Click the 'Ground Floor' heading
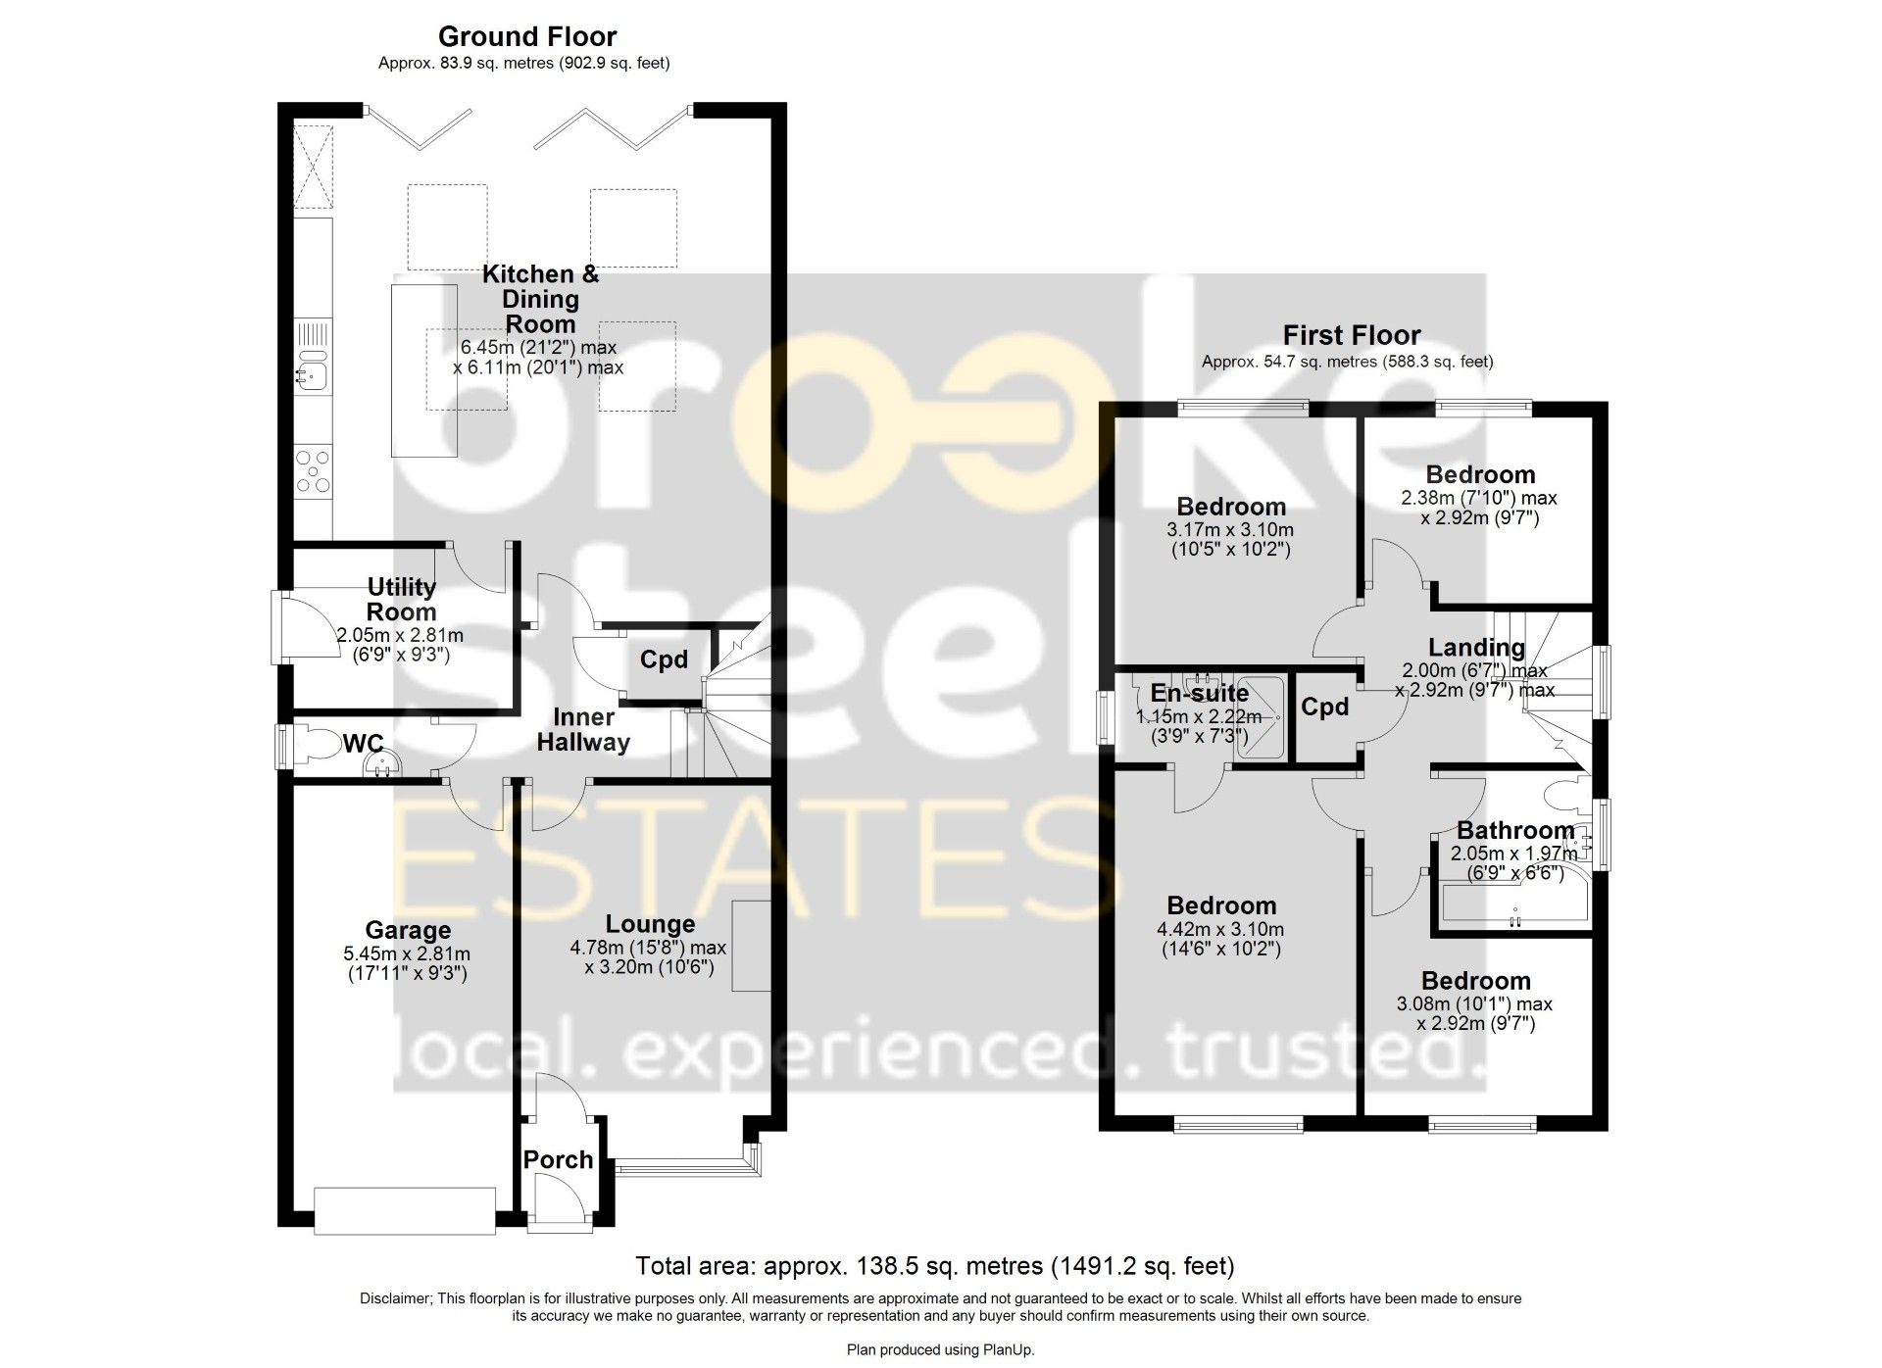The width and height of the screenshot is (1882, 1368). [527, 37]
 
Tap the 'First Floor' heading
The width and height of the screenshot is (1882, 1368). [1352, 335]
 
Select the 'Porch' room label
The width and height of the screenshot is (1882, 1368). [558, 1159]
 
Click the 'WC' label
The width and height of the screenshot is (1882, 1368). [363, 744]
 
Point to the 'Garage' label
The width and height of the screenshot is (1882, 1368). [408, 931]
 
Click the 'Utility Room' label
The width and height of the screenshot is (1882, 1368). [401, 599]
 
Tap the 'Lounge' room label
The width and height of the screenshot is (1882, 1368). [650, 924]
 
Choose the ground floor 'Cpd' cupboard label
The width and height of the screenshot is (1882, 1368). [664, 660]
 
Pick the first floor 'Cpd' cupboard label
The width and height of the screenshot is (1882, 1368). [1325, 707]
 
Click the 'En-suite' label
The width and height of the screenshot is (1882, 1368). [1200, 694]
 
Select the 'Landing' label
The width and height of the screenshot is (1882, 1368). [1476, 648]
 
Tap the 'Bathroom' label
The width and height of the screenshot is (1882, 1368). [1515, 831]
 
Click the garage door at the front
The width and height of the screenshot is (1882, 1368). [405, 1210]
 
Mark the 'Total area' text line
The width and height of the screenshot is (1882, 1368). [935, 1266]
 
